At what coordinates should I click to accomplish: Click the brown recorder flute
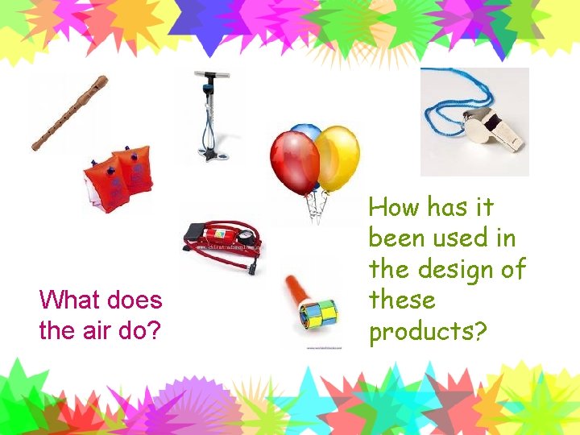point(70,113)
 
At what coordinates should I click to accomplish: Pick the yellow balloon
point(337,157)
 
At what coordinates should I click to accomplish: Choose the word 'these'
point(402,300)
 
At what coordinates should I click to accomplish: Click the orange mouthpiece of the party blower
point(292,286)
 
